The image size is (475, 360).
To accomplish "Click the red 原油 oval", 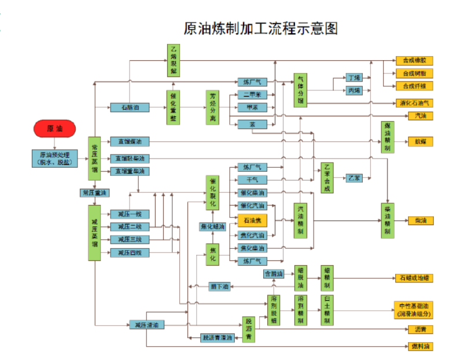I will [x=55, y=129].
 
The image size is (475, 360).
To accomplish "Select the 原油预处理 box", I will [x=55, y=158].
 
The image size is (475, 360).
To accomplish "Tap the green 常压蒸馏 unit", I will [x=94, y=159].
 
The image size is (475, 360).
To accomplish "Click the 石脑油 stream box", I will [x=127, y=108].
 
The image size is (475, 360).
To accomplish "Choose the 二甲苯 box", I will [x=252, y=95].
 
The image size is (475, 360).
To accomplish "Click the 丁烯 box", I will [x=354, y=77].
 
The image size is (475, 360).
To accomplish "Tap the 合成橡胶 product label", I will [x=414, y=60].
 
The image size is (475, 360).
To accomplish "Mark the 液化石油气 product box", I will [x=414, y=103].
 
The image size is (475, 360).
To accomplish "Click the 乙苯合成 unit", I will [x=327, y=178].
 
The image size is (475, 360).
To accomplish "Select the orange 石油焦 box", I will [x=252, y=221].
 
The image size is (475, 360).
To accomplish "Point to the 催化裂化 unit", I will [x=213, y=192].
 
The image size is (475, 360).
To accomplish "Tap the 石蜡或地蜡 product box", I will [x=413, y=278].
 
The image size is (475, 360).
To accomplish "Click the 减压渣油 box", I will [x=146, y=325].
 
